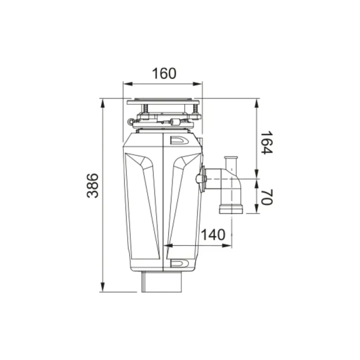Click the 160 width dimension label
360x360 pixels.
164,73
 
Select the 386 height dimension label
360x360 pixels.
93,186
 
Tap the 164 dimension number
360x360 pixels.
266,143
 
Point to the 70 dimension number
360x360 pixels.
266,197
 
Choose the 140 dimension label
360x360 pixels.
213,234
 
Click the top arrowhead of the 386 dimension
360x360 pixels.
103,103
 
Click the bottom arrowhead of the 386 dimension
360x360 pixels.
103,288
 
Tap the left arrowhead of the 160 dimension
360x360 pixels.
128,84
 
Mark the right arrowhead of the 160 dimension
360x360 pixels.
198,84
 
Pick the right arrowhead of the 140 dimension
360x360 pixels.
227,246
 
